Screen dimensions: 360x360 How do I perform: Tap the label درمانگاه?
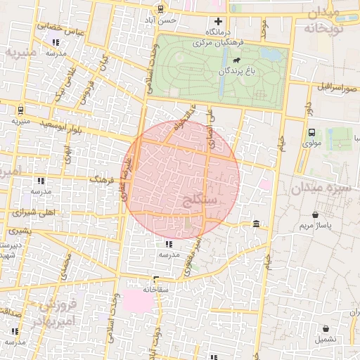tap(218, 32)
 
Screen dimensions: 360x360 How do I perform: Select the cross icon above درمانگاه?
tap(218, 21)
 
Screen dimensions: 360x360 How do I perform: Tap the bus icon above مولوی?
tap(311, 131)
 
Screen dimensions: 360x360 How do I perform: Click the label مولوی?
tap(311, 143)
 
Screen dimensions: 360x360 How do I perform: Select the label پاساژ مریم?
tap(316, 226)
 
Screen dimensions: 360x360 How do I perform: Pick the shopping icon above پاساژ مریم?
tap(316, 214)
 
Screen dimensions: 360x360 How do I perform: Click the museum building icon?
tap(255, 224)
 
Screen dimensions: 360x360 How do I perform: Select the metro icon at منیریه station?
tap(20, 110)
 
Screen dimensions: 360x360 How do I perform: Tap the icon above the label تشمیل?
tap(326, 328)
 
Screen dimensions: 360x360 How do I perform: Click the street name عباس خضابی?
tap(47, 28)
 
